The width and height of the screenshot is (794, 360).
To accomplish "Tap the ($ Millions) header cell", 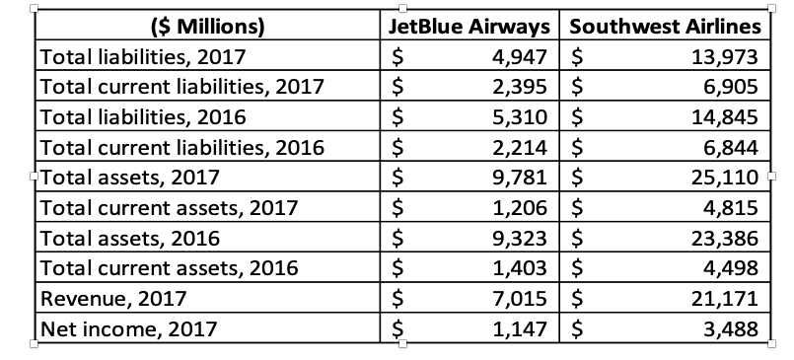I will [x=207, y=26].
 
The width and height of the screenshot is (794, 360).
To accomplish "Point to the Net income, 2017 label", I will [x=116, y=327].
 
